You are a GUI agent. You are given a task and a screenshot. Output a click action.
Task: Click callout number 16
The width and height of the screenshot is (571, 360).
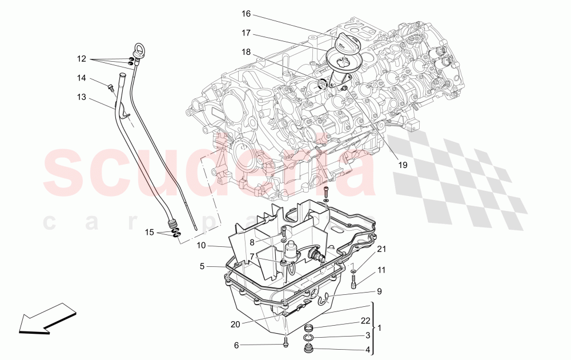pos(246,13)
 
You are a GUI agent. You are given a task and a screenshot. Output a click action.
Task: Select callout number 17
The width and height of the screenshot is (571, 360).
pos(246,33)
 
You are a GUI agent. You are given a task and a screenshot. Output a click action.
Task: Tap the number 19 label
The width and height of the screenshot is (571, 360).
pos(403,165)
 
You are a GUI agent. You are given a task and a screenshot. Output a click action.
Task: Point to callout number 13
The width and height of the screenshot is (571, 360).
pos(82,98)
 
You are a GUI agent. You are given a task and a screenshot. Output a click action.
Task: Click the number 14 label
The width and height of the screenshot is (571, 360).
pos(82,78)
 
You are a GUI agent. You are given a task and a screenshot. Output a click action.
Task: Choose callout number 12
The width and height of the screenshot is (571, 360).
pos(82,59)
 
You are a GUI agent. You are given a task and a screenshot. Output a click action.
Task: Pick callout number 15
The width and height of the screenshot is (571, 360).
pos(149,232)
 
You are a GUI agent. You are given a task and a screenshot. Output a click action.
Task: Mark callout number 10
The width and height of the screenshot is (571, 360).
pos(202,246)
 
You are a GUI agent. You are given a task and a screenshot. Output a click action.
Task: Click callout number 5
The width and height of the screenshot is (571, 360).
pos(202,266)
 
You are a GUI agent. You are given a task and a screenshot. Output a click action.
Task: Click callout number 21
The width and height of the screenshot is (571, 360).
pos(381,249)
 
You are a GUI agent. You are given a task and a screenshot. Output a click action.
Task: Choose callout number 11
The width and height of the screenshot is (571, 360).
pos(381,269)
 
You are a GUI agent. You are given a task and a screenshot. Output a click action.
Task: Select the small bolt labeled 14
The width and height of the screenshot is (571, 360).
pos(111,88)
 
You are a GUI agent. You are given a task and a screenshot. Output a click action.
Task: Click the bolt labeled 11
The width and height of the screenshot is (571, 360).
pos(354,282)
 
